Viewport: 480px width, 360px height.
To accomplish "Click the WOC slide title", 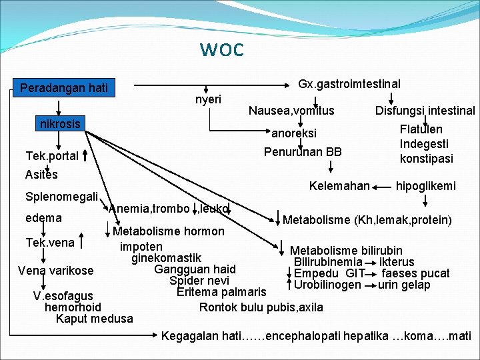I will point(221,50).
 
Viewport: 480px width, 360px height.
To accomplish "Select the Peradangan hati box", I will point(64,88).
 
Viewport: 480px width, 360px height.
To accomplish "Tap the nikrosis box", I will point(60,124).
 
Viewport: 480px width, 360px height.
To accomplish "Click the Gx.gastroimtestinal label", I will point(349,84).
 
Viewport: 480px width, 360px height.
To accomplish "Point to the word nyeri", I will point(209,99).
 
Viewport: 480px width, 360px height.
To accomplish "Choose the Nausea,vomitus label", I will point(291,111).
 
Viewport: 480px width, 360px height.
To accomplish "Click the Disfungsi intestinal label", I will point(425,111).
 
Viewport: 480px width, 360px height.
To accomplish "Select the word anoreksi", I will point(294,133).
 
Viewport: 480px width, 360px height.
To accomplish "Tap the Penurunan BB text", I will point(303,152).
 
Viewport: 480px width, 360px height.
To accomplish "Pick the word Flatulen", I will point(421,129).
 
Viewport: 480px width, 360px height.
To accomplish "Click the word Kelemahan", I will point(339,186).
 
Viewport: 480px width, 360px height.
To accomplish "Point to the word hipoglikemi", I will point(426,186).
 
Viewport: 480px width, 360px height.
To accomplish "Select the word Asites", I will point(41,175).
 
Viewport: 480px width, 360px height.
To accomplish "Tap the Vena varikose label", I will point(56,271).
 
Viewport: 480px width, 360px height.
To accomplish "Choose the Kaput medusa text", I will point(94,319).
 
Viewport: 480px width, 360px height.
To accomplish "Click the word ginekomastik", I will point(166,257).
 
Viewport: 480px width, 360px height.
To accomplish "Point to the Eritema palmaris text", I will point(221,292).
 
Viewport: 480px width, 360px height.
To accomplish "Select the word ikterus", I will point(397,262).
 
